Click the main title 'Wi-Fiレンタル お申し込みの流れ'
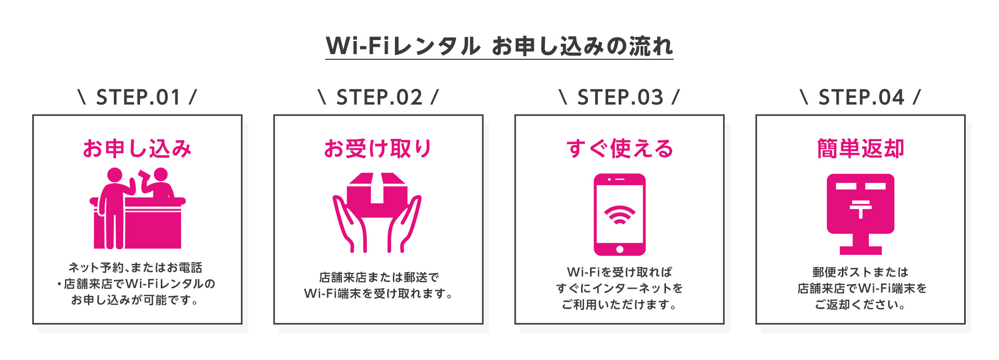[x=499, y=46]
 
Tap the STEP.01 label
[x=137, y=97]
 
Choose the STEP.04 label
[x=861, y=97]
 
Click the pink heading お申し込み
[x=137, y=149]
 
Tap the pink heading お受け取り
[x=378, y=149]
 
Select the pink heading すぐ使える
[x=619, y=149]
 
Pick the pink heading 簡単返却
[x=861, y=149]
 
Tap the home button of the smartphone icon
[x=619, y=249]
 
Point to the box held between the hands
[x=377, y=195]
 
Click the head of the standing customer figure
[x=114, y=175]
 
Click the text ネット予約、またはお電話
[x=135, y=267]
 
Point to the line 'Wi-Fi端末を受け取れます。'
[x=378, y=294]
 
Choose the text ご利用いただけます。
[x=619, y=305]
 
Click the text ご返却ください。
[x=861, y=305]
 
